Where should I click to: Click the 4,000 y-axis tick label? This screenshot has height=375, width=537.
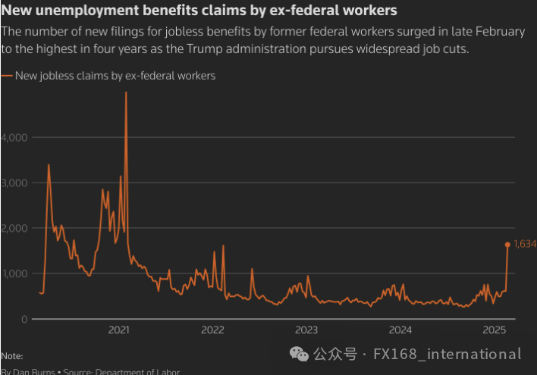(x=15, y=137)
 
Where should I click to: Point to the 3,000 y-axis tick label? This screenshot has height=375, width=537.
(x=15, y=183)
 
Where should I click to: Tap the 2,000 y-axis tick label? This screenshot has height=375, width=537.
(x=15, y=228)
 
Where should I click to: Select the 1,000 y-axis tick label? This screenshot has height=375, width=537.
(x=15, y=273)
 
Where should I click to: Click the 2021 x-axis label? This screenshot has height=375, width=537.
(x=118, y=330)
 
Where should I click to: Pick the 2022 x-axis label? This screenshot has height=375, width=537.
(x=212, y=330)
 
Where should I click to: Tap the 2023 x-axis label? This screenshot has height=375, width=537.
(x=306, y=330)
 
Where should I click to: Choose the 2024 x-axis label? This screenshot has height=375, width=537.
(x=400, y=330)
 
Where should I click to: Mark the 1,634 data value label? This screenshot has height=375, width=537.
(x=525, y=244)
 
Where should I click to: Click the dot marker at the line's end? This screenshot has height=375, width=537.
(x=507, y=244)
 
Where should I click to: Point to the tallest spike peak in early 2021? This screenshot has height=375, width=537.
(x=126, y=93)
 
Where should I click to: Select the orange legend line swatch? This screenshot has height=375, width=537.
(x=8, y=76)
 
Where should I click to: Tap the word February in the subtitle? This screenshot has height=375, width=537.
(x=498, y=31)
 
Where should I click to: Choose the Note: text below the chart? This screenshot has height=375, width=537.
(x=11, y=355)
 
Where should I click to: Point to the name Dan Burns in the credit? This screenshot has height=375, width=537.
(x=33, y=371)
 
